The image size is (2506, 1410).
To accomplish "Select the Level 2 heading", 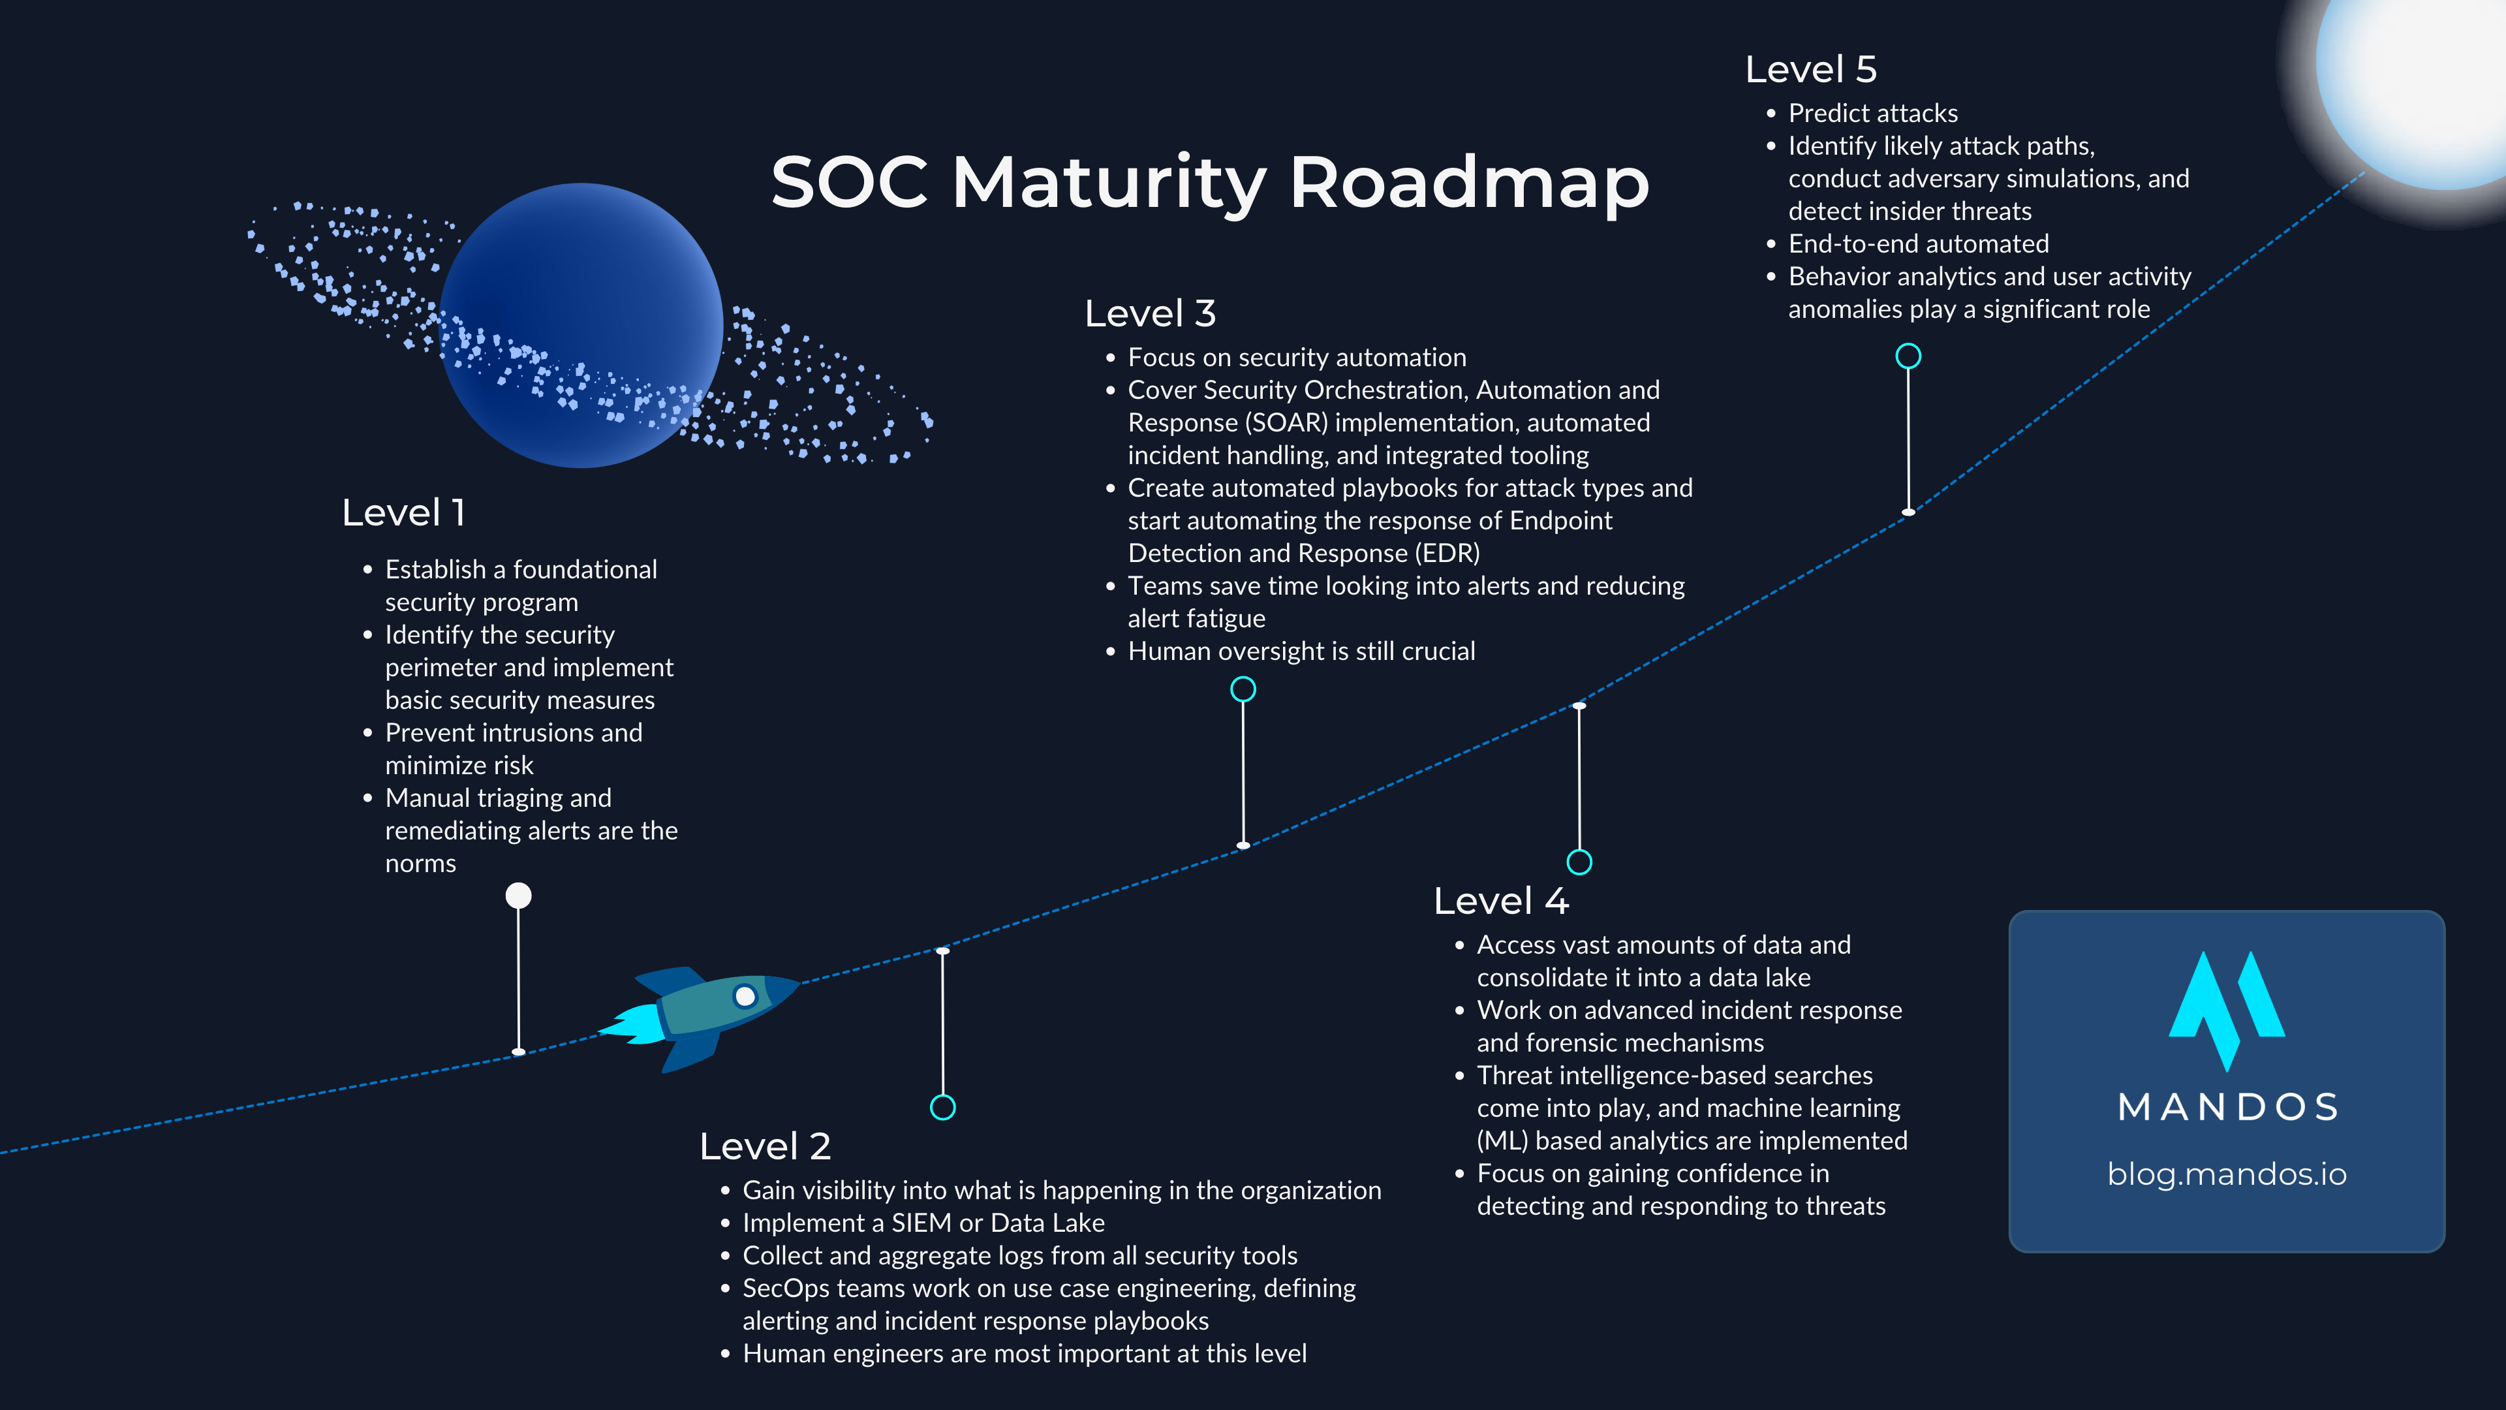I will point(765,1146).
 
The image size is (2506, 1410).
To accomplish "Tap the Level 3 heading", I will point(1150,313).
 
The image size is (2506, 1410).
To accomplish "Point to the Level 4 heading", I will point(1500,901).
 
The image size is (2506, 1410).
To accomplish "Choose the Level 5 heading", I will point(1810,69).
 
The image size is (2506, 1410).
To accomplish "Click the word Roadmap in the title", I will point(1469,182).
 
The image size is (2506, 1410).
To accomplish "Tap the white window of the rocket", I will point(745,996).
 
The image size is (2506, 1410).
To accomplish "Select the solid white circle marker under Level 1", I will point(519,895).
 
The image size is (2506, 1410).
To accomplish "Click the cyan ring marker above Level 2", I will point(942,1107).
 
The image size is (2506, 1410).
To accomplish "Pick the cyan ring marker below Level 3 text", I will point(1243,689).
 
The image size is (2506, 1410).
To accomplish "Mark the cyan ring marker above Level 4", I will point(1579,862).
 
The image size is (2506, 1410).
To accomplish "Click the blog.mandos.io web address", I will point(2226,1174).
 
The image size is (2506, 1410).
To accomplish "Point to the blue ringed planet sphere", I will point(581,325).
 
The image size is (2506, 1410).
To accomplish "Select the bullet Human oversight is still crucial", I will point(1301,651).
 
